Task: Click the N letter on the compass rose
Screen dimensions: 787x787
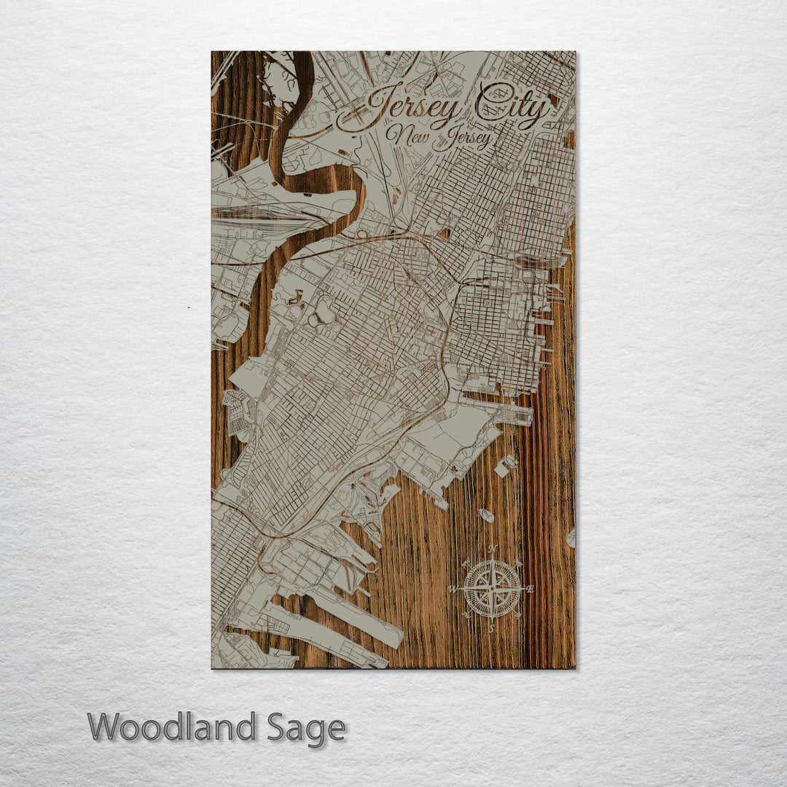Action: (x=492, y=549)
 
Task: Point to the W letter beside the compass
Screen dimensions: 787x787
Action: (x=453, y=589)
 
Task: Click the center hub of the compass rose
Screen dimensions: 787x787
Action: (x=492, y=588)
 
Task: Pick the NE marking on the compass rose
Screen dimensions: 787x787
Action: (x=518, y=562)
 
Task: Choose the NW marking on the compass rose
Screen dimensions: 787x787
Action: (x=466, y=563)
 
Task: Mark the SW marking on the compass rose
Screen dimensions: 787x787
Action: (x=466, y=615)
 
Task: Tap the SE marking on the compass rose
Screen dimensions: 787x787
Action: (x=518, y=615)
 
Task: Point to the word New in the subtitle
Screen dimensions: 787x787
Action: (x=406, y=136)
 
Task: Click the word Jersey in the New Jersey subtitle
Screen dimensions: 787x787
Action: (x=463, y=138)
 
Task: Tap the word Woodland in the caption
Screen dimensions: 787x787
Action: (x=172, y=727)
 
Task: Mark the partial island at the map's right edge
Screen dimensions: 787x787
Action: (x=571, y=538)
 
